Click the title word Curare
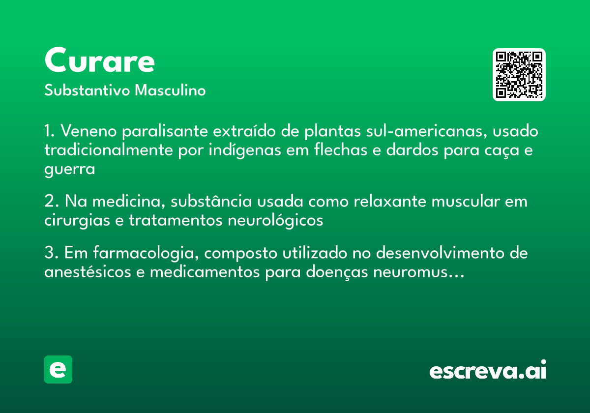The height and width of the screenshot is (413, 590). tap(100, 61)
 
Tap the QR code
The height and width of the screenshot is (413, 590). tap(519, 75)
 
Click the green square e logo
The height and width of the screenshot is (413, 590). tap(58, 369)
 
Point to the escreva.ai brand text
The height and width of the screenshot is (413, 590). tap(488, 371)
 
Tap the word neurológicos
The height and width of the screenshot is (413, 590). tap(275, 221)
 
